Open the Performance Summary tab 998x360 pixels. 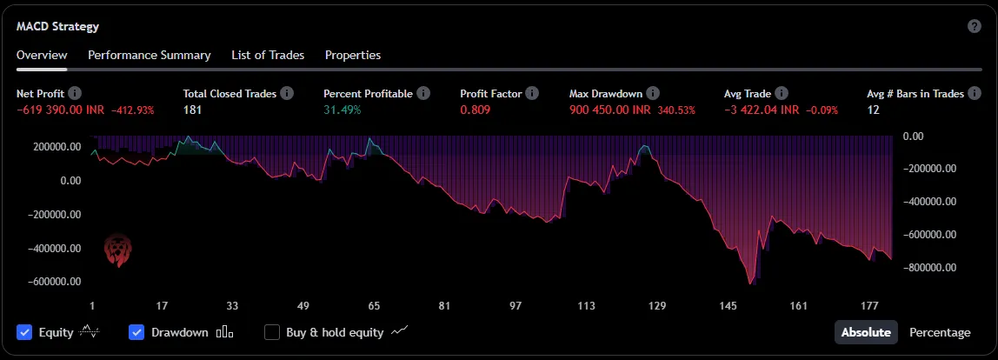[x=149, y=55]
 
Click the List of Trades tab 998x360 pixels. [x=268, y=55]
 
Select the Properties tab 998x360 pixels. [x=353, y=55]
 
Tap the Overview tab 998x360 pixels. [x=41, y=55]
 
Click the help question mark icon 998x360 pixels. [x=975, y=26]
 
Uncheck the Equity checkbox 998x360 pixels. [x=24, y=332]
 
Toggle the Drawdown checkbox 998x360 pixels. [x=136, y=332]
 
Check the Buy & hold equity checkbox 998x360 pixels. [x=272, y=332]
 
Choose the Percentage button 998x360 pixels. [x=940, y=332]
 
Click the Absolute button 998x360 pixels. [x=867, y=332]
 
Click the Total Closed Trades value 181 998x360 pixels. [x=193, y=110]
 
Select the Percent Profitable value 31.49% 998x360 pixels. [x=342, y=110]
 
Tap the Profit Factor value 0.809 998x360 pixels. [x=476, y=110]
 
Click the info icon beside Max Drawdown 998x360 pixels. [x=653, y=93]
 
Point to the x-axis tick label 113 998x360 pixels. [x=586, y=306]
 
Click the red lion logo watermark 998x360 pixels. [x=116, y=250]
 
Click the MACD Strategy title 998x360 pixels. [x=57, y=26]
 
